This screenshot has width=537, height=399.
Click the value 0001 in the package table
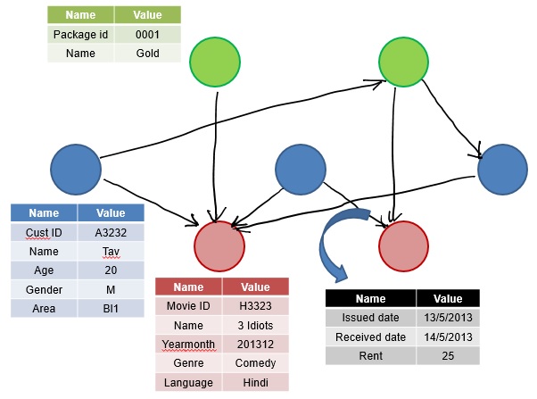pos(147,35)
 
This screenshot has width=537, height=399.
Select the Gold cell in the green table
pos(147,53)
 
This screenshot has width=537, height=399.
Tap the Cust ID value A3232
pos(111,233)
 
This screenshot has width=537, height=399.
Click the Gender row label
pos(44,289)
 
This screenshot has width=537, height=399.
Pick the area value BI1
pos(111,308)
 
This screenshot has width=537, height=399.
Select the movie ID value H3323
pos(255,307)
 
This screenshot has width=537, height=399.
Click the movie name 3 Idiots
pos(255,326)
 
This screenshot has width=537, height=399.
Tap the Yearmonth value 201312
pos(255,345)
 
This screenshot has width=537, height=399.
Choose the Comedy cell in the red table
pos(255,363)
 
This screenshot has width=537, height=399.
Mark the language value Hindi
pos(255,382)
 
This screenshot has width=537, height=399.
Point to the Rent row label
pos(370,356)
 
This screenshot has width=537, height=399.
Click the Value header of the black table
pos(448,299)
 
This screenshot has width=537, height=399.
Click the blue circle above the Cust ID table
pos(76,167)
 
